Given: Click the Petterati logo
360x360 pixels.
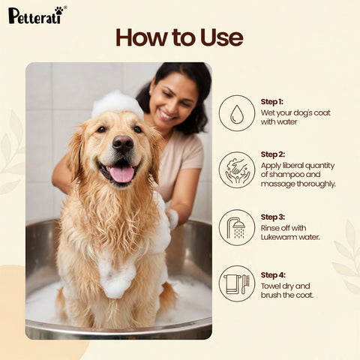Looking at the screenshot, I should tap(36, 14).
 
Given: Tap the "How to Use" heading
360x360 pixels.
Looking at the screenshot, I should tap(179, 37).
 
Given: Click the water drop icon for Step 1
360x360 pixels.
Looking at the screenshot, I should tap(237, 113).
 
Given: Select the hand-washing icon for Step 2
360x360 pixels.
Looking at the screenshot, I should tap(237, 169).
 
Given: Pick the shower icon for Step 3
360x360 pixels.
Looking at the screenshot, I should tap(237, 227).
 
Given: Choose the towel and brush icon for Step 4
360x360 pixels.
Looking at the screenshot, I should tap(237, 283).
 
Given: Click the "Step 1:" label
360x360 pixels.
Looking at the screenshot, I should tap(271, 101).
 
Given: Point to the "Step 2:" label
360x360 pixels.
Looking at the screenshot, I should tap(272, 154).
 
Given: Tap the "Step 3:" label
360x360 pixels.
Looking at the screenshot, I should tap(272, 217).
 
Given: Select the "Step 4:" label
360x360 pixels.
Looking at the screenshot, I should tap(272, 274).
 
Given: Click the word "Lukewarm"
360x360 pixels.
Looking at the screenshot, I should tap(280, 238).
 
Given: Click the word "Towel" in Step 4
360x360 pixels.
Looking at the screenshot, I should tap(271, 286).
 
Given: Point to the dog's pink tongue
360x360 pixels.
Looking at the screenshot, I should tap(121, 174).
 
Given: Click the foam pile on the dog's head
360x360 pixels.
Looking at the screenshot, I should tap(117, 103).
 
